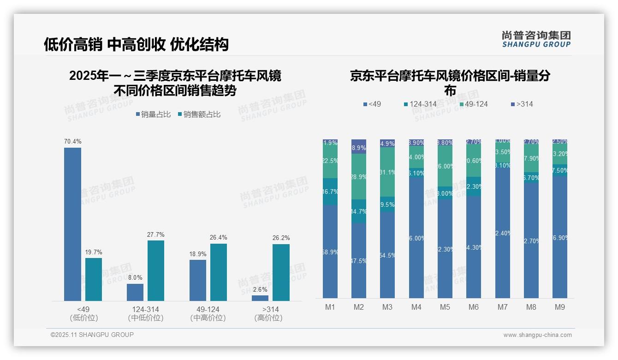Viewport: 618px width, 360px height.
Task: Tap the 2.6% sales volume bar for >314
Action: [260, 298]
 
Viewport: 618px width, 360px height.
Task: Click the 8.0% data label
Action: [135, 278]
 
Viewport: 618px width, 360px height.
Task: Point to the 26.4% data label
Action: [219, 238]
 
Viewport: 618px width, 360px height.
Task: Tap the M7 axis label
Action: [503, 307]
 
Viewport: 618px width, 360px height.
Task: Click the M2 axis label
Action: [359, 307]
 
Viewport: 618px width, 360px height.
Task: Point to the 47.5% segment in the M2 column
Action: [359, 261]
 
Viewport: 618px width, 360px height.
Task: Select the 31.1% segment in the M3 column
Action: [387, 172]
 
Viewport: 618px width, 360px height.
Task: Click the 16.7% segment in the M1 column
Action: [330, 192]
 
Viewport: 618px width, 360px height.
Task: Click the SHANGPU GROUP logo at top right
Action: [536, 39]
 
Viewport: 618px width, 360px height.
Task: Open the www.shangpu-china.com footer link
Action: [537, 335]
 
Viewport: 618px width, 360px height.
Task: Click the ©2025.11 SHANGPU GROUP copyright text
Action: [92, 335]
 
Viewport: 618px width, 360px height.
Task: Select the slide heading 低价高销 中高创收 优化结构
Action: [136, 44]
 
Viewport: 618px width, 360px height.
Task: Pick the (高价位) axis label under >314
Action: [268, 318]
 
